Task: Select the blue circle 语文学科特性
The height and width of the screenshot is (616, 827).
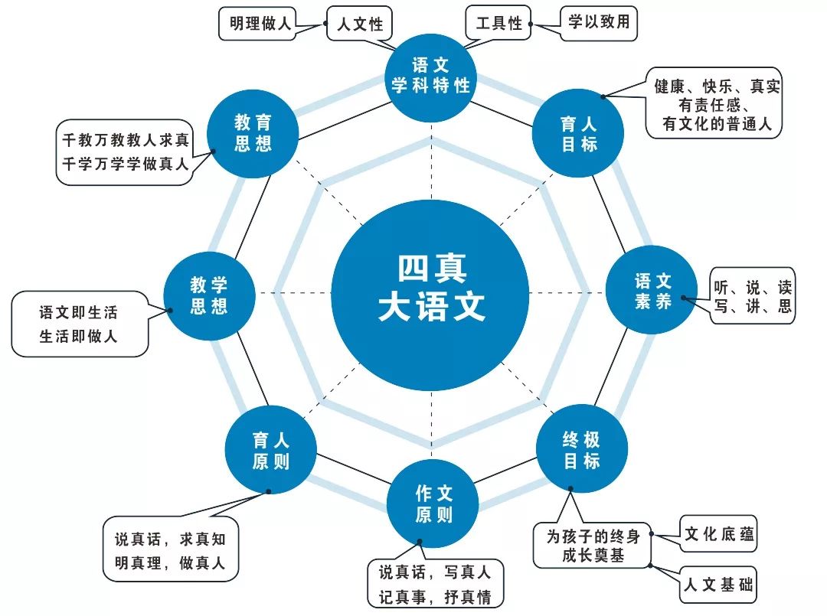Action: pyautogui.click(x=430, y=75)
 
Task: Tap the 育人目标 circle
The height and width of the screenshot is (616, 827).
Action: pyautogui.click(x=578, y=133)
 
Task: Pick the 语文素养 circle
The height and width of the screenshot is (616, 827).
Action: pyautogui.click(x=652, y=291)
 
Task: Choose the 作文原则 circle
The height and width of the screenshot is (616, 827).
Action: pyautogui.click(x=433, y=503)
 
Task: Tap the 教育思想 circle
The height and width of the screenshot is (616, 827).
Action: pyautogui.click(x=253, y=132)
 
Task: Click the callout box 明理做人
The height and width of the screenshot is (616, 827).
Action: pyautogui.click(x=260, y=24)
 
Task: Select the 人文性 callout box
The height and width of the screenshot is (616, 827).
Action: pyautogui.click(x=359, y=24)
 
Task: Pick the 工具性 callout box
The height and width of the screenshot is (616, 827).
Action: pyautogui.click(x=498, y=23)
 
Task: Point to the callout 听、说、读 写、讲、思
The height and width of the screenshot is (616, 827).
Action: pyautogui.click(x=752, y=297)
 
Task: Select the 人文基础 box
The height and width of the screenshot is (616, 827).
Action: pyautogui.click(x=718, y=586)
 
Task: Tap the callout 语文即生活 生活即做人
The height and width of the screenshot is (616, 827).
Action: pyautogui.click(x=80, y=324)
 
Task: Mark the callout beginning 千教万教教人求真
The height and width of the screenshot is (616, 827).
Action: pyautogui.click(x=125, y=151)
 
